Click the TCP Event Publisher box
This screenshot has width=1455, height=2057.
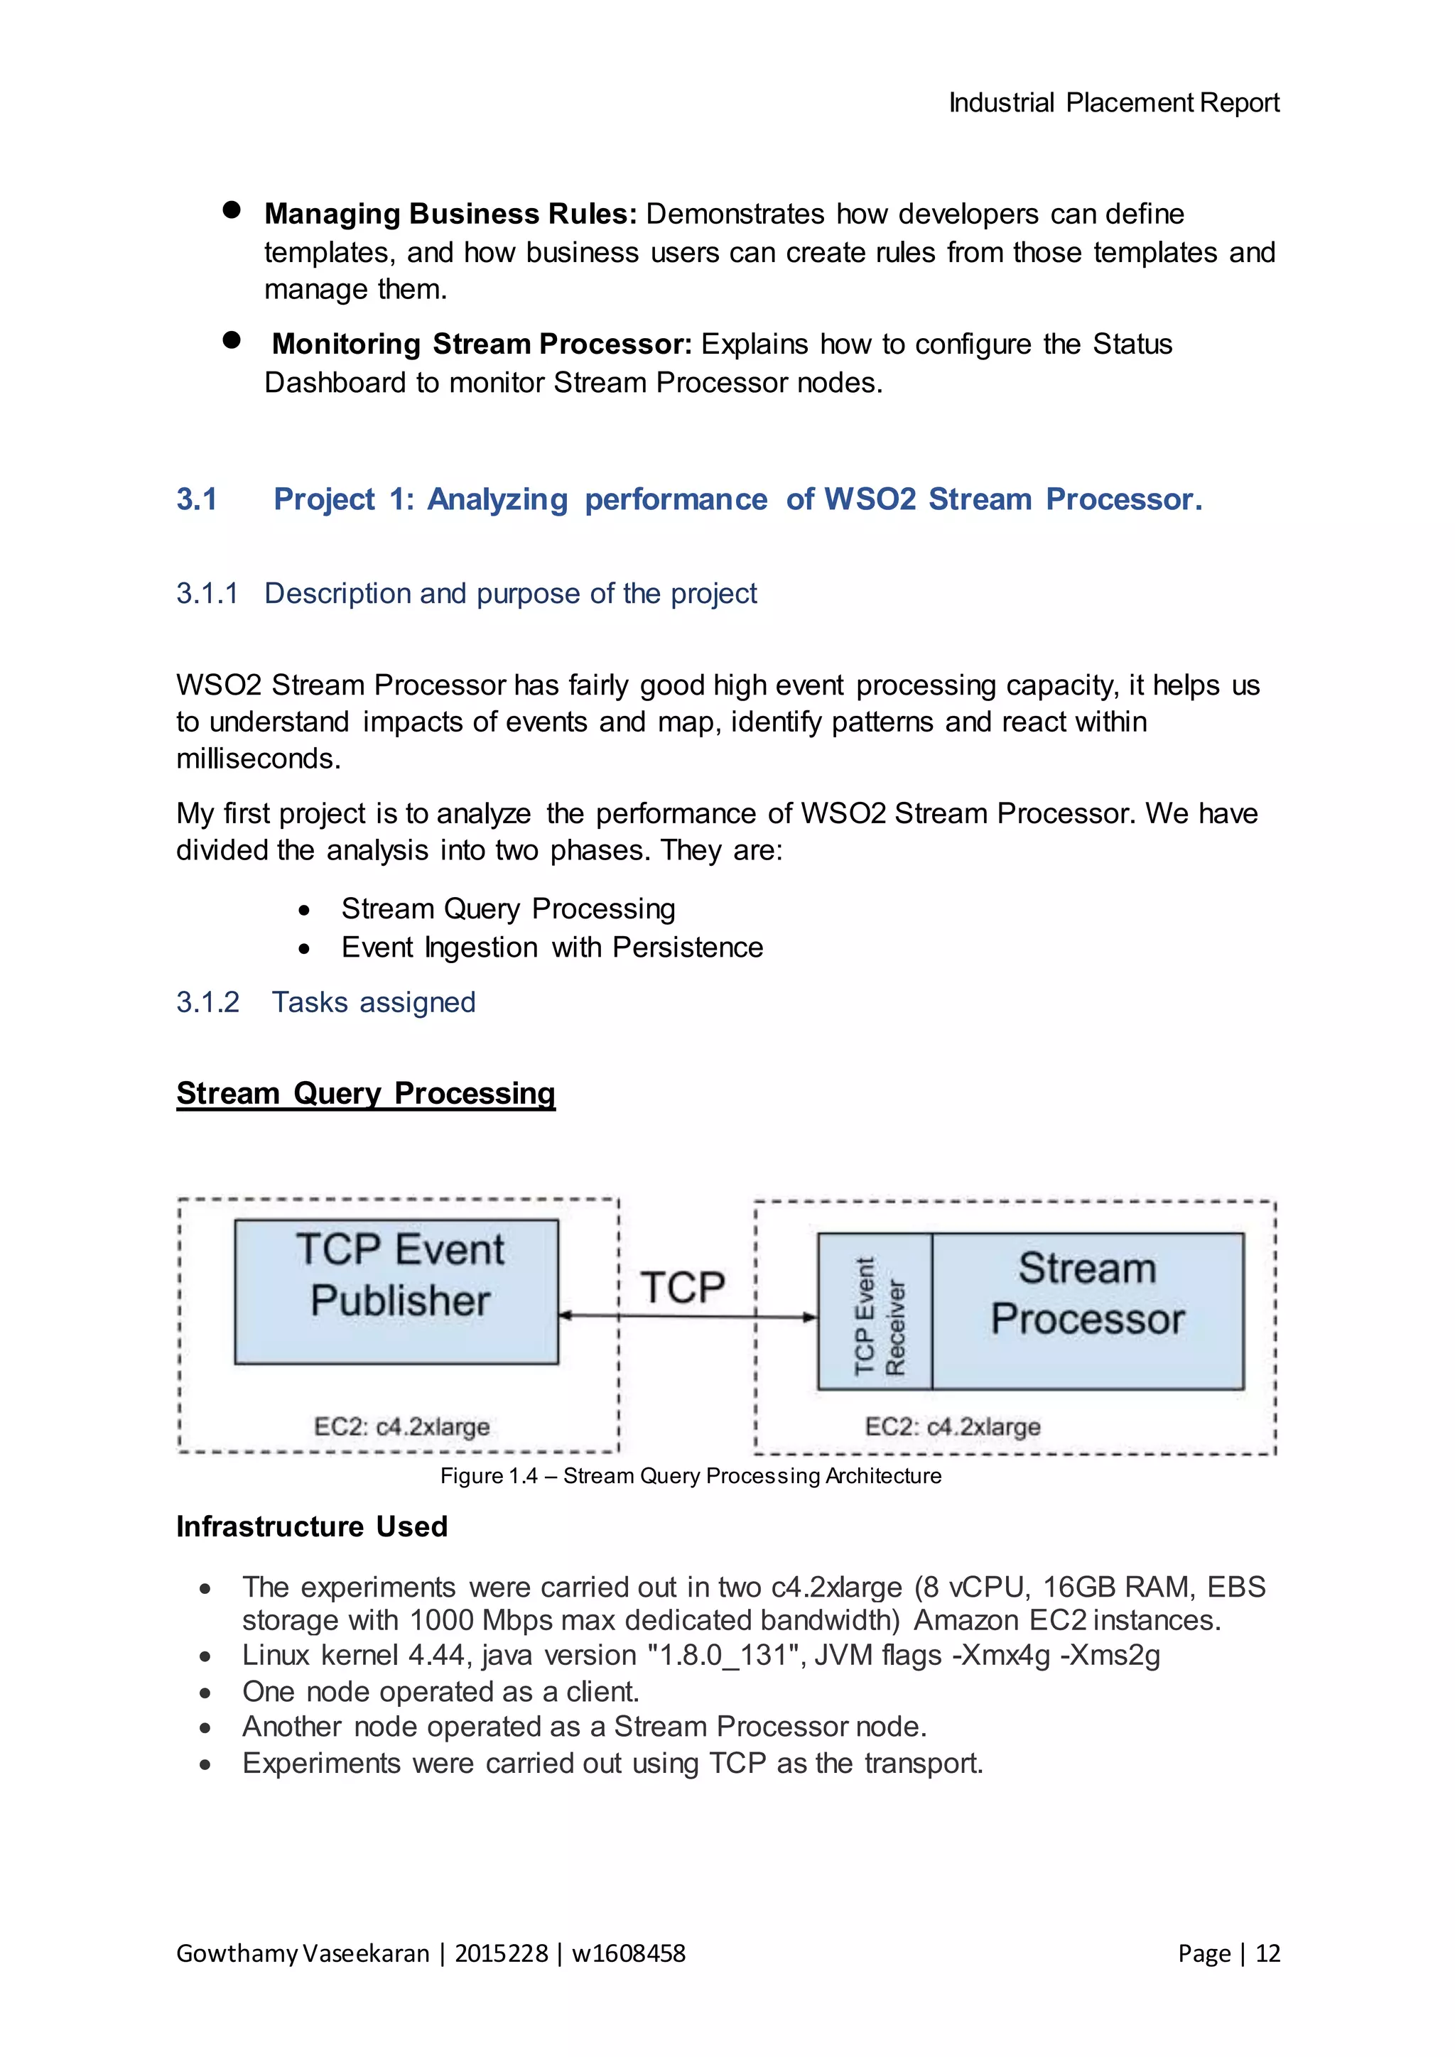click(396, 1291)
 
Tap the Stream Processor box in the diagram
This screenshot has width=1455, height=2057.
click(1087, 1310)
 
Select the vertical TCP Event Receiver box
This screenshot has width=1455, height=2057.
click(875, 1310)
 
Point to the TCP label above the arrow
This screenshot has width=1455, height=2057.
click(683, 1288)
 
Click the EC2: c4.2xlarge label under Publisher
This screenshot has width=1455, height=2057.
click(401, 1426)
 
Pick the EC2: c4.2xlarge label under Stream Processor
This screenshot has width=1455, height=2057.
click(953, 1426)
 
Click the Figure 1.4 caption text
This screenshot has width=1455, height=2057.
click(690, 1475)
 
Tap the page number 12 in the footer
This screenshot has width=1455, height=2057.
click(1267, 1953)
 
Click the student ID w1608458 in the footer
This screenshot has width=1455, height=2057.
click(628, 1953)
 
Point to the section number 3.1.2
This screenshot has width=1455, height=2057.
click(208, 1002)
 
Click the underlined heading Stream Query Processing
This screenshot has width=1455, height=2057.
click(366, 1093)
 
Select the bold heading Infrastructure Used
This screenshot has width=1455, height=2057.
click(312, 1526)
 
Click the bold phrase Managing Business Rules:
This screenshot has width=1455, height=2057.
click(450, 214)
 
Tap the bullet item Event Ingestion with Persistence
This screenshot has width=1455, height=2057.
click(552, 947)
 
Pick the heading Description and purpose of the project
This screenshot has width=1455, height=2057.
click(511, 593)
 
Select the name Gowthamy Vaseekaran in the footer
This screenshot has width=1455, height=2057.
click(303, 1953)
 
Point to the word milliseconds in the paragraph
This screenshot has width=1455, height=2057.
click(258, 759)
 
